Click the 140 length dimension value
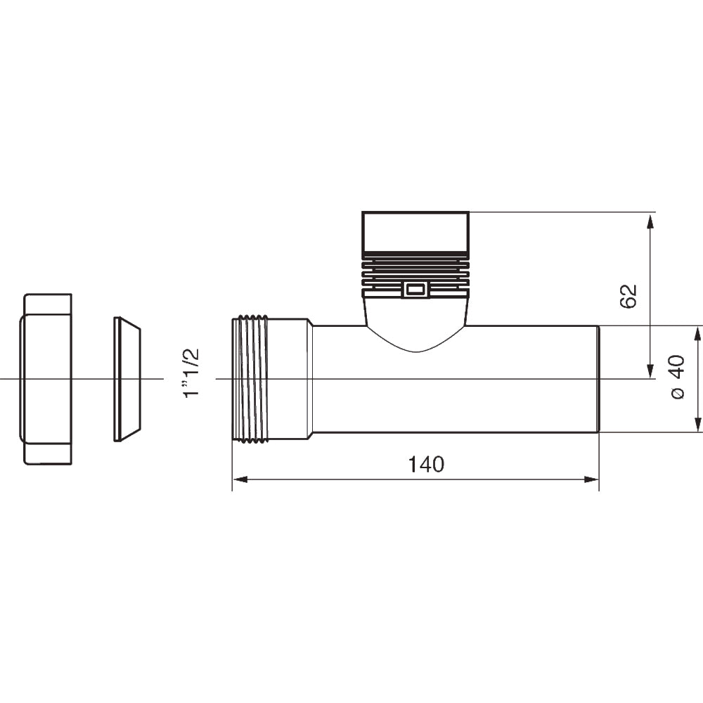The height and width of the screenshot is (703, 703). coord(427,465)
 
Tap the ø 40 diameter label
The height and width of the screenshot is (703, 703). coord(676,377)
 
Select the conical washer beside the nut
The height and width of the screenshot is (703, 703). coord(127,379)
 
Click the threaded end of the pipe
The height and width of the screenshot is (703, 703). coord(251,380)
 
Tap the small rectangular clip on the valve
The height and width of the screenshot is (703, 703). coord(414,289)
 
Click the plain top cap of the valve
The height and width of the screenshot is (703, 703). coord(415,231)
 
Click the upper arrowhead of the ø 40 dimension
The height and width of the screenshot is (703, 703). coord(697,334)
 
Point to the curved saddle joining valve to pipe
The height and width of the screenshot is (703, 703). coord(415,330)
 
